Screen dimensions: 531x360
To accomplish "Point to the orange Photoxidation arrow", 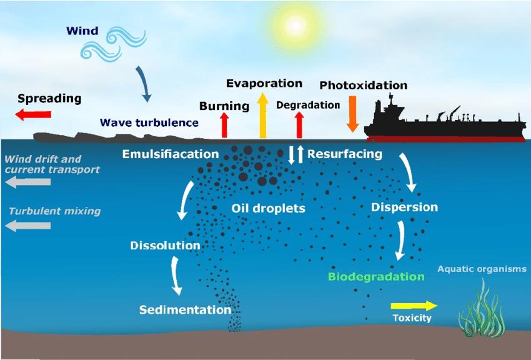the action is click(x=352, y=113).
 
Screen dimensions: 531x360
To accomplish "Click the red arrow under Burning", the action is click(x=225, y=125).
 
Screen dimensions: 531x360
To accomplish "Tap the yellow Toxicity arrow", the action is click(x=414, y=306).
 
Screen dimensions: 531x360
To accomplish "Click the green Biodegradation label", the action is click(x=376, y=277).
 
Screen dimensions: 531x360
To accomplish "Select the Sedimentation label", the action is click(x=185, y=310).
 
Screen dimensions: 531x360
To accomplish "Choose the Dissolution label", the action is click(x=165, y=245).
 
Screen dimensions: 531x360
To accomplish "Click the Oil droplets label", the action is click(x=268, y=208).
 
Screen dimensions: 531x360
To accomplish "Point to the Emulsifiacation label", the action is click(x=171, y=154).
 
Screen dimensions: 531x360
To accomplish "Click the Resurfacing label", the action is click(x=344, y=154).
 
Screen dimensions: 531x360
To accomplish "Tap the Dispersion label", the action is click(x=404, y=207).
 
